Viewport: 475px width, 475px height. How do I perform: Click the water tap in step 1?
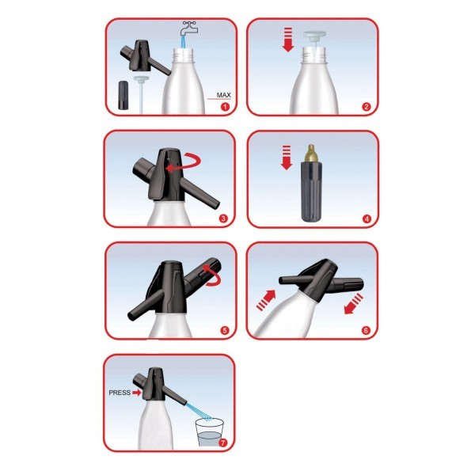(188, 28)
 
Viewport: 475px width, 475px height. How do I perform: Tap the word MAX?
(223, 95)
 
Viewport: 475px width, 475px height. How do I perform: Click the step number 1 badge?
(225, 107)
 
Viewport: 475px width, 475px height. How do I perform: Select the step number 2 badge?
(367, 107)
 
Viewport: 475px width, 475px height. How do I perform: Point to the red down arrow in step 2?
(288, 40)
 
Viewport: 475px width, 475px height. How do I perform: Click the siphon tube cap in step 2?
(314, 34)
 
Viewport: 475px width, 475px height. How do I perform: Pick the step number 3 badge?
(223, 218)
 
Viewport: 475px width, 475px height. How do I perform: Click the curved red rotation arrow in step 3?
(184, 162)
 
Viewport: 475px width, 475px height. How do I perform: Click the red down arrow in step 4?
(287, 158)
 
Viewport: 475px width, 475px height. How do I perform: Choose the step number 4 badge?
(367, 218)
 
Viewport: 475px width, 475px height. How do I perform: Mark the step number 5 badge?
(225, 330)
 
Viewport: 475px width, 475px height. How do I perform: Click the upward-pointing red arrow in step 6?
(266, 300)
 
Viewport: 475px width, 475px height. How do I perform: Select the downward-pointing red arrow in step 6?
(354, 304)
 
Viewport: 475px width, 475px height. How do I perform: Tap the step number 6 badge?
(366, 330)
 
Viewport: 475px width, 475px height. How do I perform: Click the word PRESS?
(120, 393)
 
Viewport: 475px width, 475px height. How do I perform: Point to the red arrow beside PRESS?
(137, 393)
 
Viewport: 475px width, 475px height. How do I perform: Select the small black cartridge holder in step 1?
(123, 95)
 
